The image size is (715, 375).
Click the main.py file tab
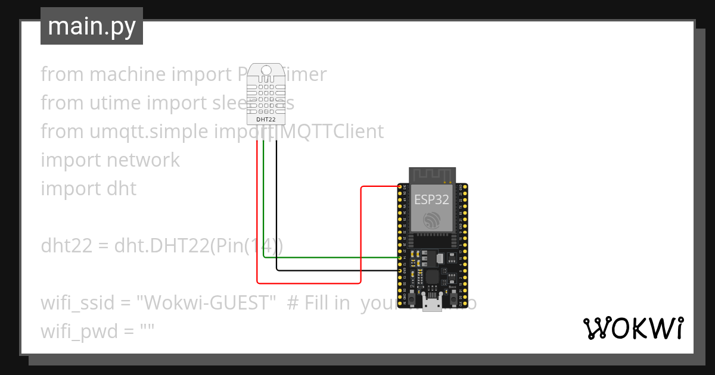click(92, 26)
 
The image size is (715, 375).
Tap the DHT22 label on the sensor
click(265, 119)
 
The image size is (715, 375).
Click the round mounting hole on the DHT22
click(266, 70)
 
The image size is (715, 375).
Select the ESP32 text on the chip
click(431, 199)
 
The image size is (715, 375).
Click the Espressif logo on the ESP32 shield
click(431, 220)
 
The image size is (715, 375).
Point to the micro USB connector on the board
click(431, 304)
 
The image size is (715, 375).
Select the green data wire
click(328, 257)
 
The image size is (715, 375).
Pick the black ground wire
click(334, 270)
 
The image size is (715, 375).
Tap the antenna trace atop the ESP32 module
click(431, 176)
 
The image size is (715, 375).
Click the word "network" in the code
click(143, 160)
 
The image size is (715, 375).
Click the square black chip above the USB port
click(431, 276)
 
